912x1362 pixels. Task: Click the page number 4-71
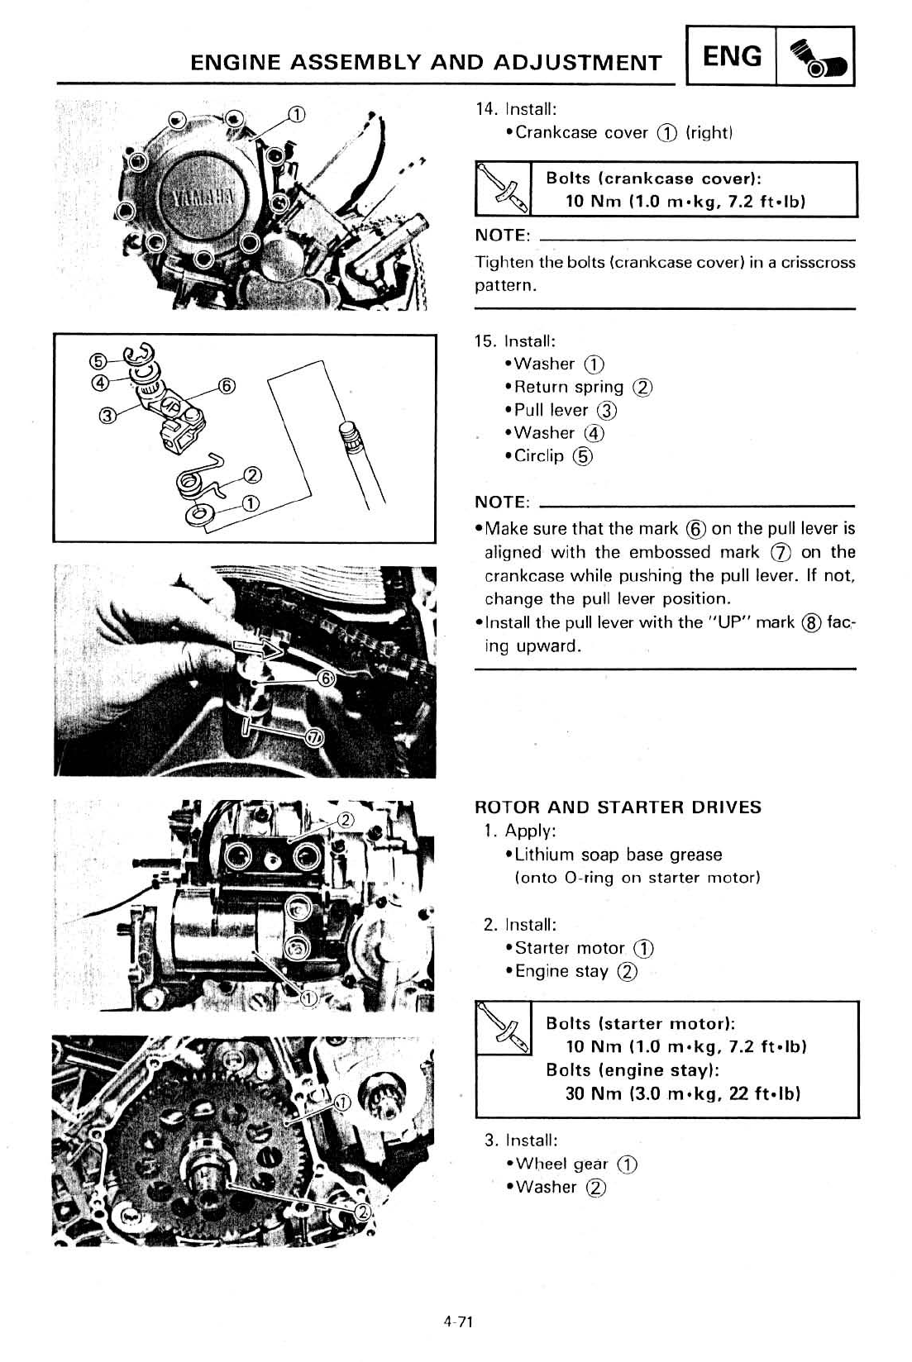[456, 1322]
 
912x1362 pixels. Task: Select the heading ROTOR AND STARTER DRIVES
[618, 807]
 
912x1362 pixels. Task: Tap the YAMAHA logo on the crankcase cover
[203, 198]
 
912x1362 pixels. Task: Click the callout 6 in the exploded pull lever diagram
[227, 386]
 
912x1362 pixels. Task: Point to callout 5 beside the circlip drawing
[98, 360]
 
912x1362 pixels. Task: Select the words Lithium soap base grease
[618, 855]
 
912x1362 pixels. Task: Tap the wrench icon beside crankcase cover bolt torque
[503, 190]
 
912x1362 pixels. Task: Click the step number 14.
[485, 109]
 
